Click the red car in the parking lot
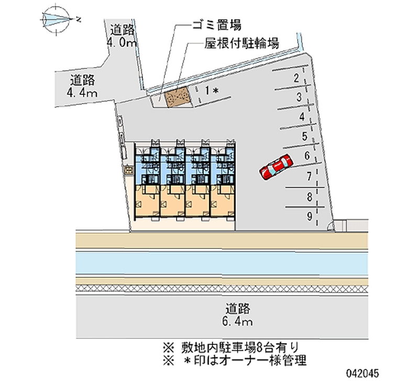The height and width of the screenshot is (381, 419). pos(275,167)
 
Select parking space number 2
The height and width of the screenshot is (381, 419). pos(296,79)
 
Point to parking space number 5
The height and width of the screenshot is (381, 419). pos(304,137)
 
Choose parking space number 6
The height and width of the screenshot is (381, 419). pos(307,156)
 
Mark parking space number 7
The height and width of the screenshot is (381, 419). pos(309,176)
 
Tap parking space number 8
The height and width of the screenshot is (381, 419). pos(310,197)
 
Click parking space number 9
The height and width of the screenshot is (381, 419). pos(310,215)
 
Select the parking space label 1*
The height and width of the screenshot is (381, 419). pos(211,91)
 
